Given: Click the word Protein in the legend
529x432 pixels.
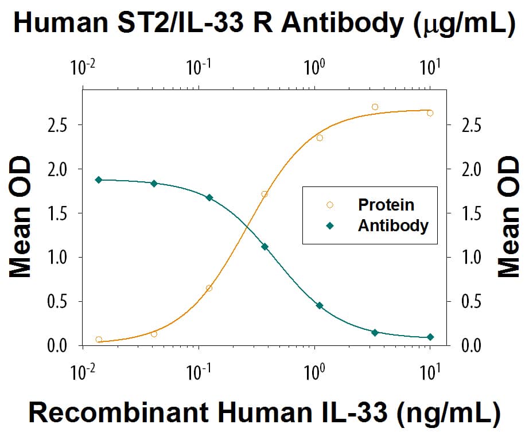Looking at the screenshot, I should (x=386, y=204).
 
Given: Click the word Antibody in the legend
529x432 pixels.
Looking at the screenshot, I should (x=393, y=225).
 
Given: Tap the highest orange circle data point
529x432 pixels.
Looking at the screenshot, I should (x=375, y=107).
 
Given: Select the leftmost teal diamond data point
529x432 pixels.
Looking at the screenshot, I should (x=99, y=180).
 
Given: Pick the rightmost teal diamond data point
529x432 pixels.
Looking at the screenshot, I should (x=430, y=337).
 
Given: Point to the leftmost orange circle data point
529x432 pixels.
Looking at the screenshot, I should (x=99, y=340).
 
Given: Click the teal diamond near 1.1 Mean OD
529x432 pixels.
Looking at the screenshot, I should (x=264, y=247).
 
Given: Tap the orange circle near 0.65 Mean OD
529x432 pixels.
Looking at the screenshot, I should (x=209, y=288).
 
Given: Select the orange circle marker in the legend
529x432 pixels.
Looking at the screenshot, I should (x=329, y=204).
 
